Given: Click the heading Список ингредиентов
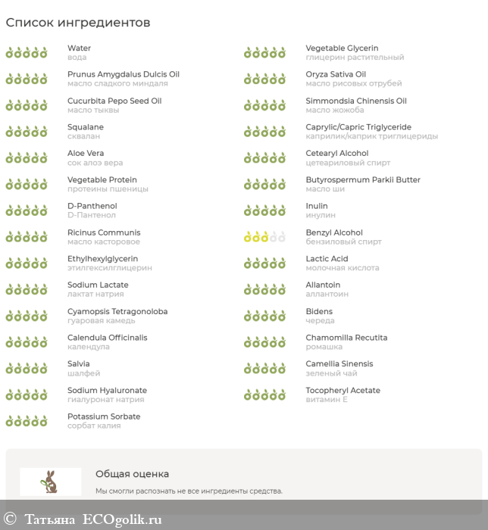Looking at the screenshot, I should pos(78,23).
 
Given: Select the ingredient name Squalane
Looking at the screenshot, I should pos(86,127).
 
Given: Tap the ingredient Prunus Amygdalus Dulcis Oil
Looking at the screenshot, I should pos(124,74).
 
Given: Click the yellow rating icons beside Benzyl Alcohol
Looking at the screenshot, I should pos(264,237).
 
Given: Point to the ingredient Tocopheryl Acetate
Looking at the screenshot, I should pos(343,391).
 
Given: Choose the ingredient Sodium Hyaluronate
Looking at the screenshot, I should pos(107,391).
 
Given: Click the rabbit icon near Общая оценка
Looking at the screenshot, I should pos(51,482).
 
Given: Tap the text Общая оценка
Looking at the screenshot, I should pos(132,474).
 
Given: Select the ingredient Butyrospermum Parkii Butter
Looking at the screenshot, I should pos(363,180).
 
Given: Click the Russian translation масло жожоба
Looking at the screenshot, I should pos(335,110).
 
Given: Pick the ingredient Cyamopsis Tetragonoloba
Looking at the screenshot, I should pos(117,311).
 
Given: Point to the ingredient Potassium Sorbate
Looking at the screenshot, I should pos(104,416).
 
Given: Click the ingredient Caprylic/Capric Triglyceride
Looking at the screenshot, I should pos(358,127).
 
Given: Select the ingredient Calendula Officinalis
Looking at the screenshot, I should pos(108,338).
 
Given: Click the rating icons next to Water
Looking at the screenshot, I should pos(27,53).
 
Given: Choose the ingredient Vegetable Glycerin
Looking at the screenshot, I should pos(342,48).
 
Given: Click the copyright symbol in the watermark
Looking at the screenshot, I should pos(10,519).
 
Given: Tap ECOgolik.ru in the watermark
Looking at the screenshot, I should pos(123,519).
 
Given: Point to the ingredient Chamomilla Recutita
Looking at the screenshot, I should pos(346,338).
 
